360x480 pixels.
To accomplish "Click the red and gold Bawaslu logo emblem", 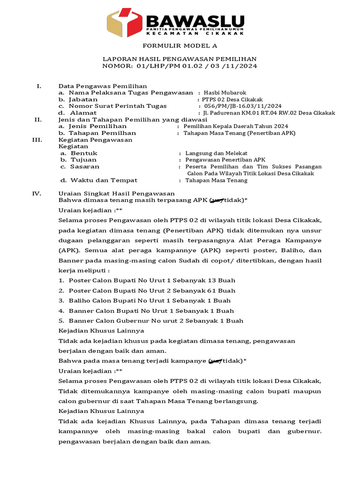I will point(124,22).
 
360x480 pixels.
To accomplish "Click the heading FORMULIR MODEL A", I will point(180,46).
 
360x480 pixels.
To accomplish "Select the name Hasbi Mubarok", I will point(225,93).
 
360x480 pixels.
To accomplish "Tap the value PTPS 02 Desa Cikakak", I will point(232,99).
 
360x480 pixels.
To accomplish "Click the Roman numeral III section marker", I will point(38,140).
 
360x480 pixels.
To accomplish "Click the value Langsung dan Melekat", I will point(216,153).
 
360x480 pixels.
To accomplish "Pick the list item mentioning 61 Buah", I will point(152,291).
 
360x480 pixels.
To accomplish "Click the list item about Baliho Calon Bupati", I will point(150,300).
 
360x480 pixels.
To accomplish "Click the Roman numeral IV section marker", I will point(37,193).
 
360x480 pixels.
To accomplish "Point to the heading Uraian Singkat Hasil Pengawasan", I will point(116,193).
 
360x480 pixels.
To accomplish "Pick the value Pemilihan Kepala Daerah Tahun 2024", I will point(236,127).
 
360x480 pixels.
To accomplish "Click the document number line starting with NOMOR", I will point(180,66).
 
